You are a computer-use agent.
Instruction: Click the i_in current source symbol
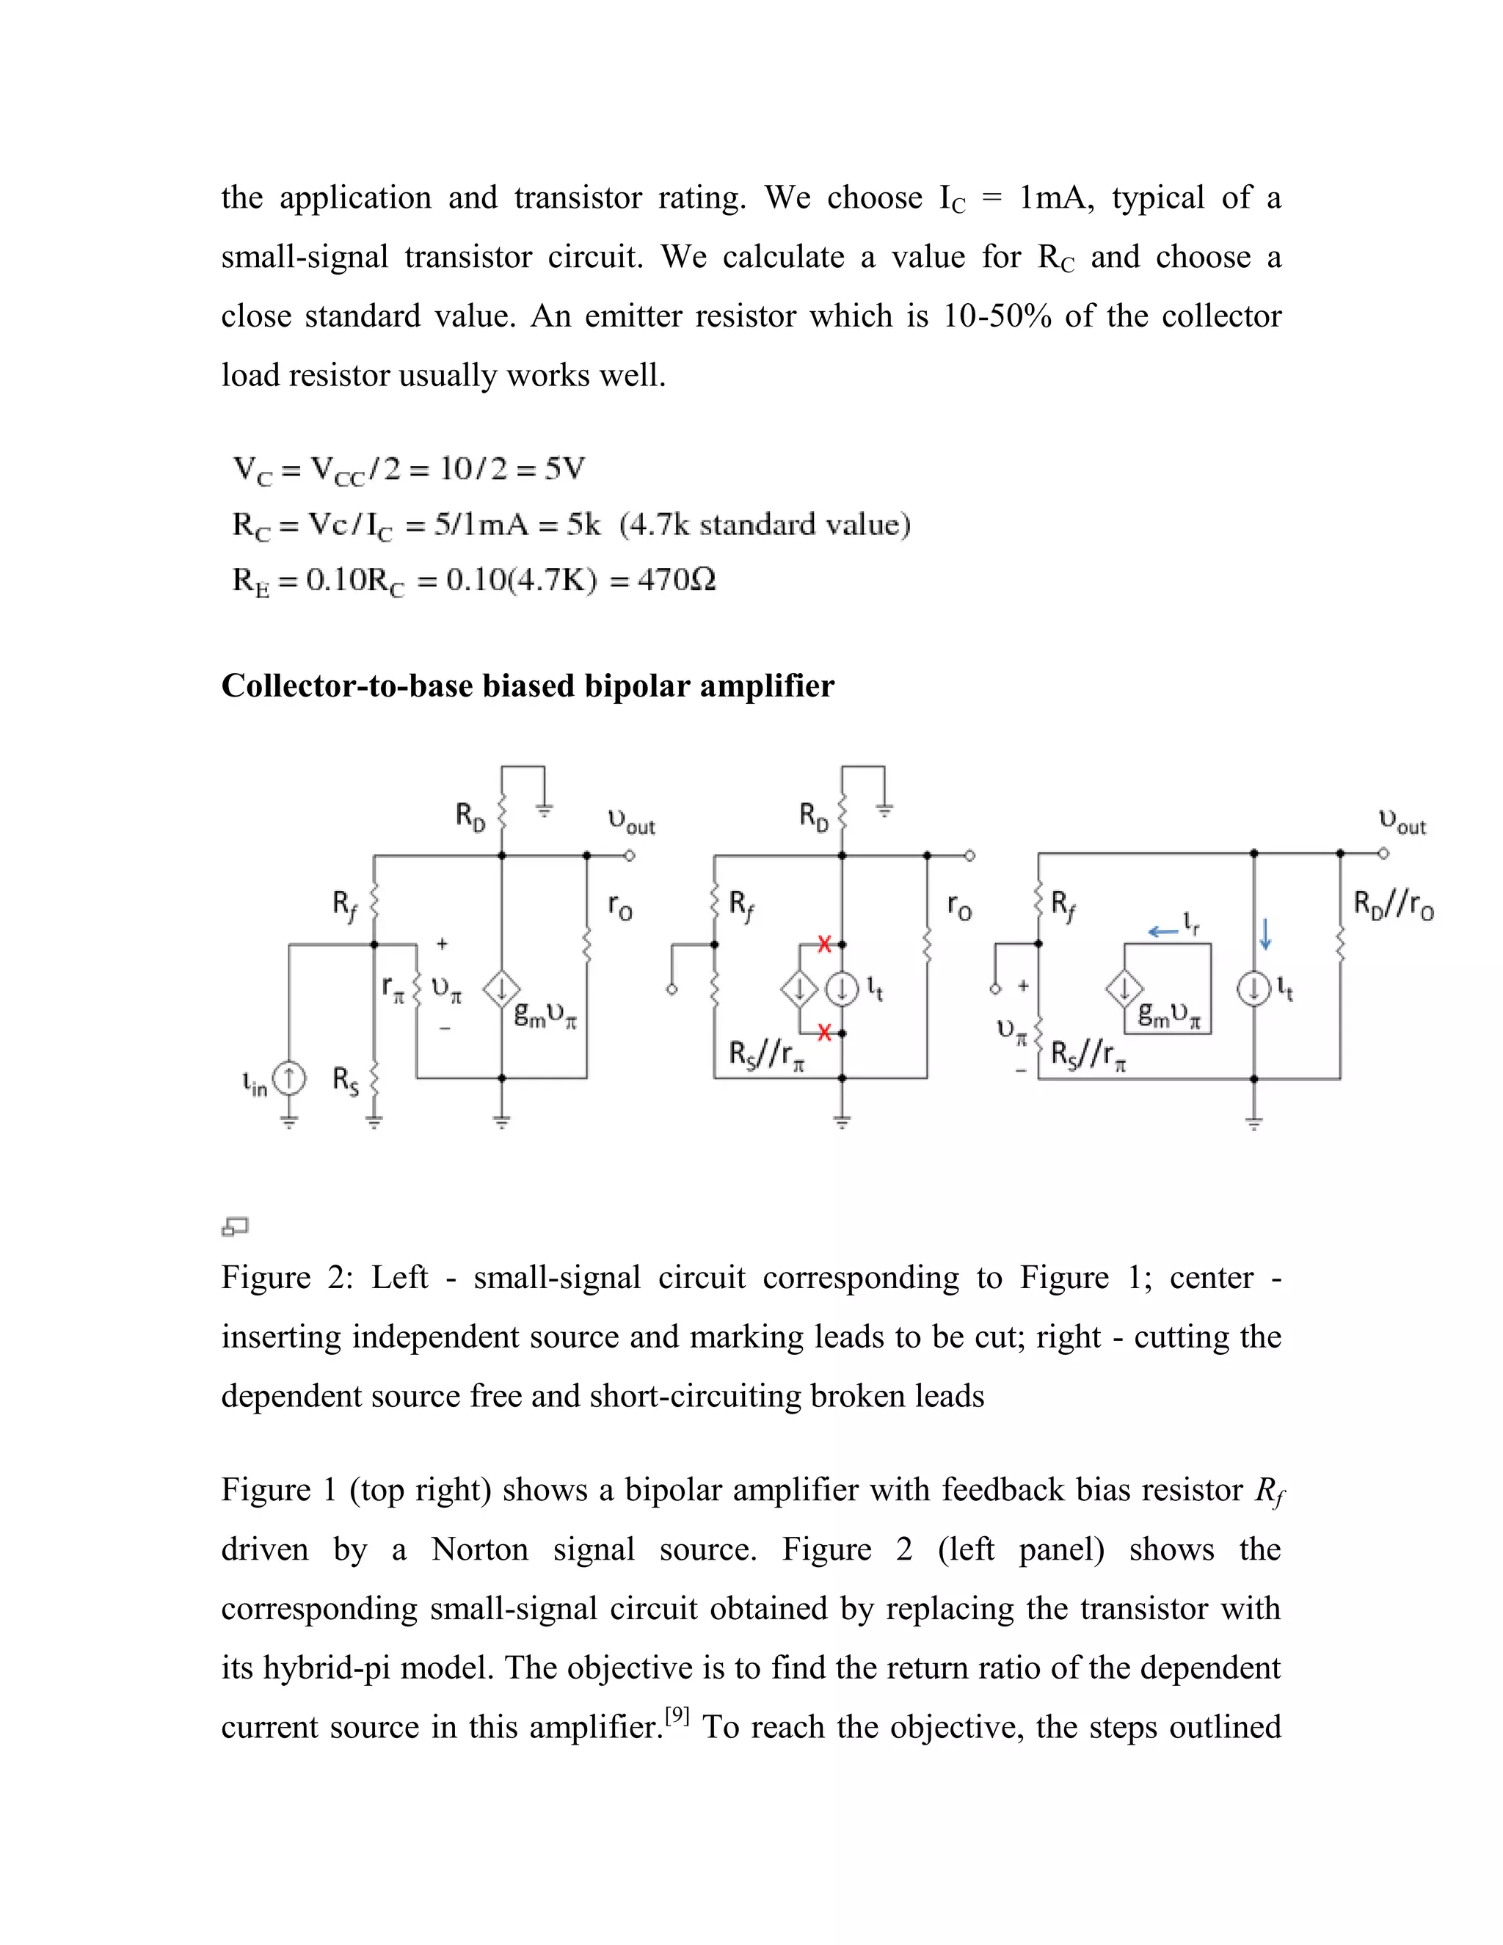(x=288, y=1078)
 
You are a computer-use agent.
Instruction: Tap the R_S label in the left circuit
(x=346, y=1080)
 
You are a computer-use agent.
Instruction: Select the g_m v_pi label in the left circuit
(x=546, y=1015)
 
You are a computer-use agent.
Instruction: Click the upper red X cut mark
(x=824, y=944)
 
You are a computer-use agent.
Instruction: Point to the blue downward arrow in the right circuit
(x=1264, y=934)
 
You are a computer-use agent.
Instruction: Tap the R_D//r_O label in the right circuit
(x=1394, y=906)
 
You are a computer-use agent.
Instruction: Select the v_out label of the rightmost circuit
(x=1402, y=821)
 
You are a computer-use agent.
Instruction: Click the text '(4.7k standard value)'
(x=765, y=525)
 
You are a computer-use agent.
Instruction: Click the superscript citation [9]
(x=677, y=1715)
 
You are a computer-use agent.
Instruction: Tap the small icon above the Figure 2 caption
(x=234, y=1226)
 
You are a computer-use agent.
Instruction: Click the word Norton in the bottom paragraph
(x=480, y=1549)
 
